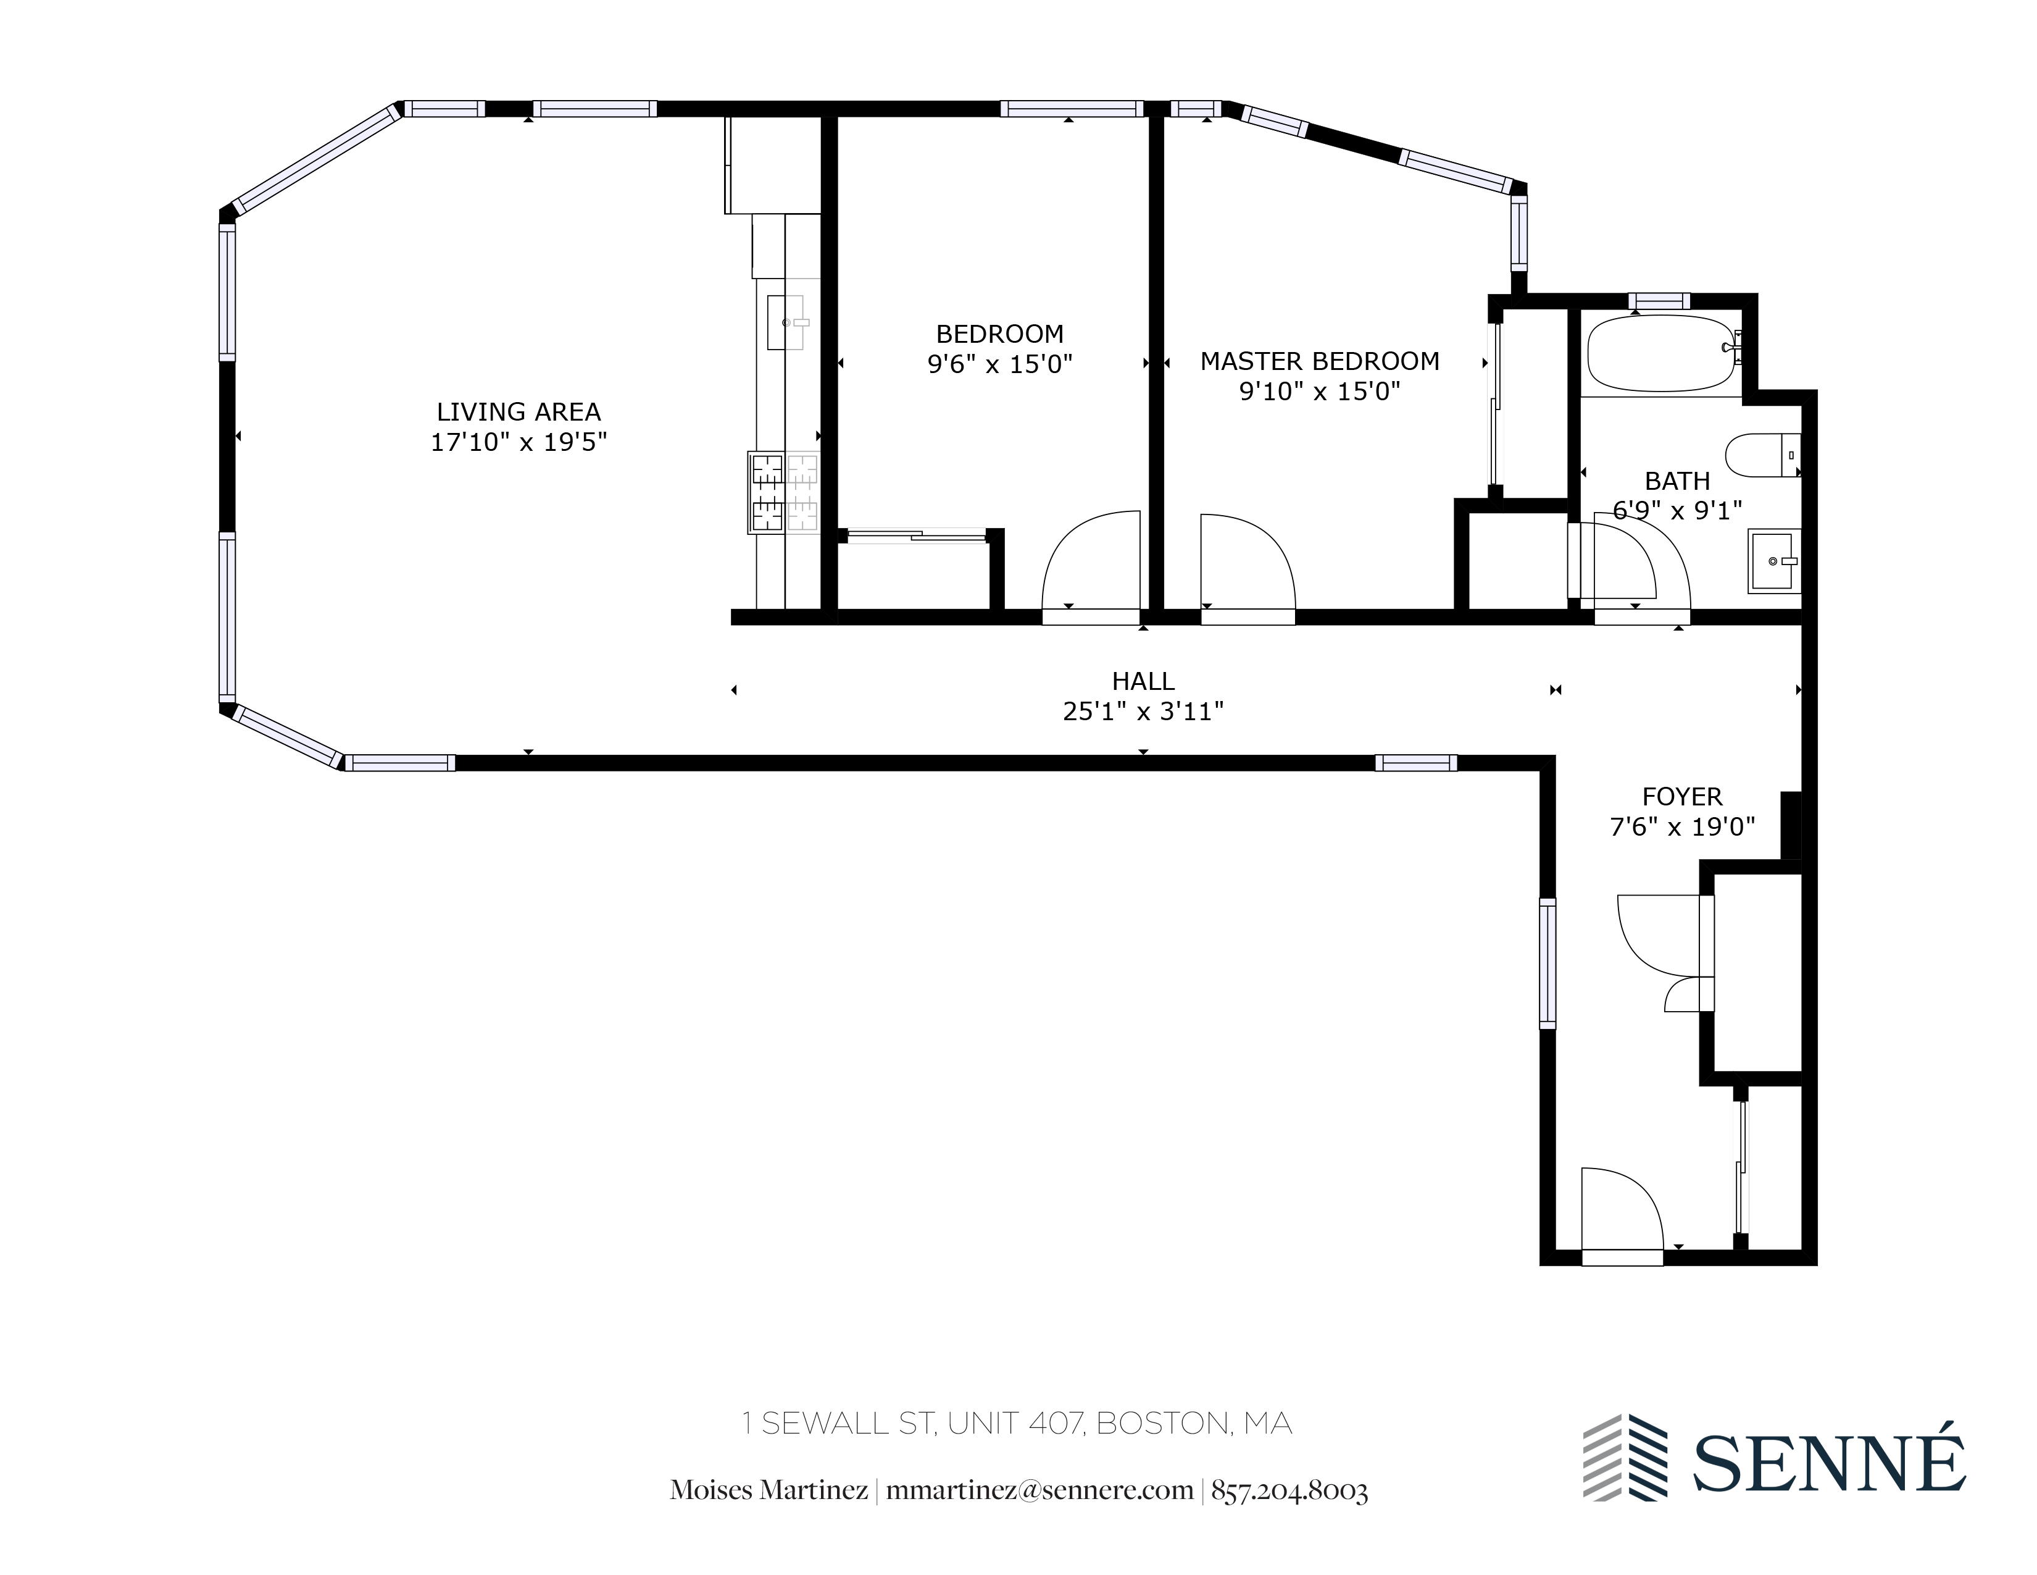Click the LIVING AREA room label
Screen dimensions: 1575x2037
coord(519,411)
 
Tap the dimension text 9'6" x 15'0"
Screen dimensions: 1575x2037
coord(1000,364)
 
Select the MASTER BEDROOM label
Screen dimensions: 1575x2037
coord(1319,361)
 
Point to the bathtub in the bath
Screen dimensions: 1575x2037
coord(1662,355)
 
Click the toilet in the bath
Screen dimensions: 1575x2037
coord(1761,455)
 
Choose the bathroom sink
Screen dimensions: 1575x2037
coord(1772,561)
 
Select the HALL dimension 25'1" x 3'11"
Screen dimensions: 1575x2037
coord(1143,712)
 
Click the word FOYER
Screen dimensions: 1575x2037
coord(1681,797)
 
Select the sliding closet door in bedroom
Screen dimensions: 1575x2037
coord(916,535)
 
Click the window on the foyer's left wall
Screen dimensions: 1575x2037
coord(1548,963)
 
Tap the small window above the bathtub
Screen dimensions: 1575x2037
coord(1659,300)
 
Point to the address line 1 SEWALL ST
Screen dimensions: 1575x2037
coord(1017,1423)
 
